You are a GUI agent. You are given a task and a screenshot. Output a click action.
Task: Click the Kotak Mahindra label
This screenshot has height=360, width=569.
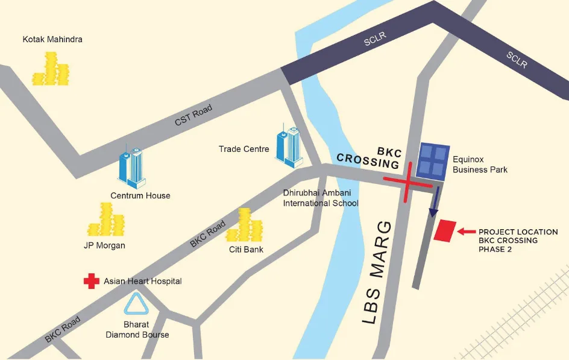click(x=52, y=40)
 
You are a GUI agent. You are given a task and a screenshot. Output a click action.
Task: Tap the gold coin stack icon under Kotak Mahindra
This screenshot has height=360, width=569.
click(x=51, y=69)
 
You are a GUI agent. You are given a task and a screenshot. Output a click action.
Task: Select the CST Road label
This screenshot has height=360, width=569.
click(x=193, y=115)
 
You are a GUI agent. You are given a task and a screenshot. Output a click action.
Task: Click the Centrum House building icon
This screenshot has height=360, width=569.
click(x=132, y=167)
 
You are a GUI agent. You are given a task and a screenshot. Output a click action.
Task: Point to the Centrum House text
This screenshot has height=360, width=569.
click(x=140, y=195)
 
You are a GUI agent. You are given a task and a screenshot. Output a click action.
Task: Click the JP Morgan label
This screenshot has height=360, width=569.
click(x=104, y=245)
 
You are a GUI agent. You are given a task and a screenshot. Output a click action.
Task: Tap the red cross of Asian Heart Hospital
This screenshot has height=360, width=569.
click(x=92, y=281)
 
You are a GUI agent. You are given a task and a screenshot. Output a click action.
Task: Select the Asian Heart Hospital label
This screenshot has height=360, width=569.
click(x=142, y=281)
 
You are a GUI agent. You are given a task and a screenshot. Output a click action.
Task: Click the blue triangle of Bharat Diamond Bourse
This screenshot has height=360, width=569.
click(x=137, y=305)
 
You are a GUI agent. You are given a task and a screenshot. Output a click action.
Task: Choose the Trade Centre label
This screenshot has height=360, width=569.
click(x=244, y=148)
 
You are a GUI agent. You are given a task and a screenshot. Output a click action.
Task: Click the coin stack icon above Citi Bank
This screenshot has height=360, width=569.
click(x=246, y=225)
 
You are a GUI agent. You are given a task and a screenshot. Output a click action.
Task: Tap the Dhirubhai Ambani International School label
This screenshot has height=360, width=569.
click(x=321, y=198)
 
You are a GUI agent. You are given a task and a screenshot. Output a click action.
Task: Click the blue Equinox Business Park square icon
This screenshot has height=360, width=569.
click(x=434, y=161)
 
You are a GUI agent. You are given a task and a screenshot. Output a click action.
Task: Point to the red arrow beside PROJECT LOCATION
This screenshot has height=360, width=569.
click(x=466, y=231)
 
